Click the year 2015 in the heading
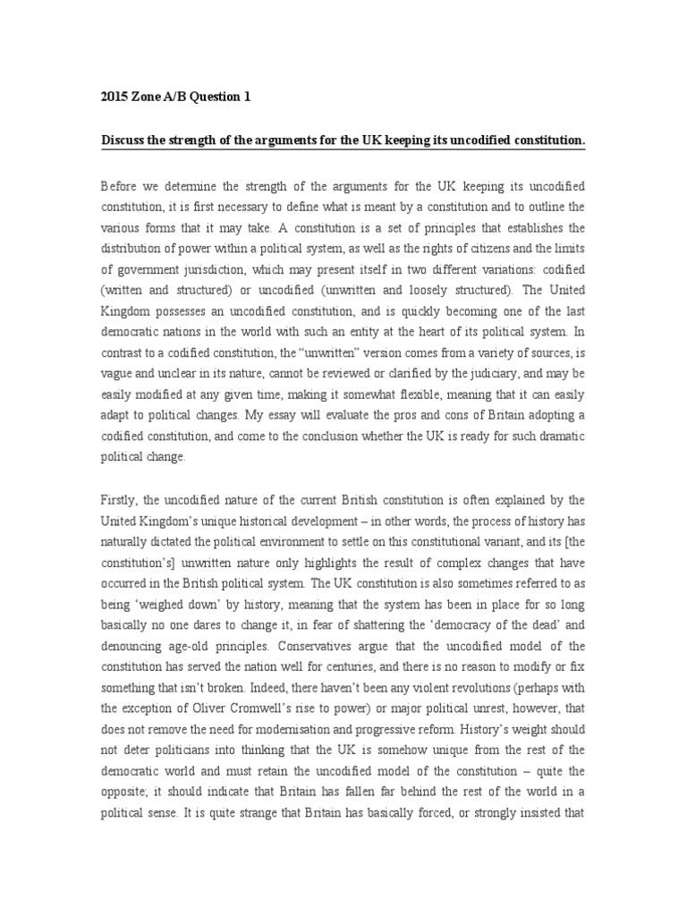115,98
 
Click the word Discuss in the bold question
125,140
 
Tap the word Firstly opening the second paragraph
121,499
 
